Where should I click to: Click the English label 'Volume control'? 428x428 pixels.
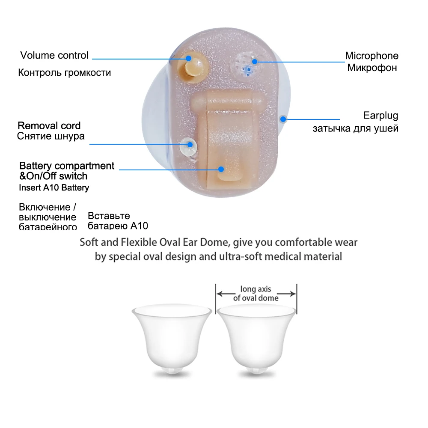[x=54, y=55]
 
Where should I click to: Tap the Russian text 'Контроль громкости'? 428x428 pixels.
[x=64, y=72]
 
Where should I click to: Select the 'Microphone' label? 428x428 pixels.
[x=372, y=56]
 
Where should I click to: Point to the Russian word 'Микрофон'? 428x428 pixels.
[x=372, y=68]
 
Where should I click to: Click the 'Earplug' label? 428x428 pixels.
[x=380, y=115]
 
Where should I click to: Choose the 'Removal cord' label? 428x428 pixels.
[x=49, y=126]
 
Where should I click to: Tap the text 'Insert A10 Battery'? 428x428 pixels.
[x=54, y=187]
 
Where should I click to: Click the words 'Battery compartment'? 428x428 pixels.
[x=67, y=166]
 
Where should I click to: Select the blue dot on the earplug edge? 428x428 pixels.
[x=282, y=119]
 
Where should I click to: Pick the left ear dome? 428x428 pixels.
[x=171, y=338]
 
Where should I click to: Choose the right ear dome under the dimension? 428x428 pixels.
[x=256, y=338]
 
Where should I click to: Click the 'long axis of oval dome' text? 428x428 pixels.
[x=256, y=294]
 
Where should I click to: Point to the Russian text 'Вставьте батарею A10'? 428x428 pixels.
[x=118, y=221]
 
